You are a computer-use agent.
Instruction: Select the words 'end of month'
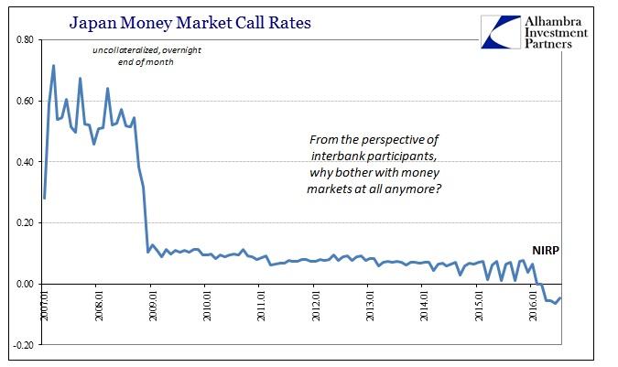135,62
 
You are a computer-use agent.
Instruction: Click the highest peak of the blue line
54,66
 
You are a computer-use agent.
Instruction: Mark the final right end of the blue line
561,297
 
